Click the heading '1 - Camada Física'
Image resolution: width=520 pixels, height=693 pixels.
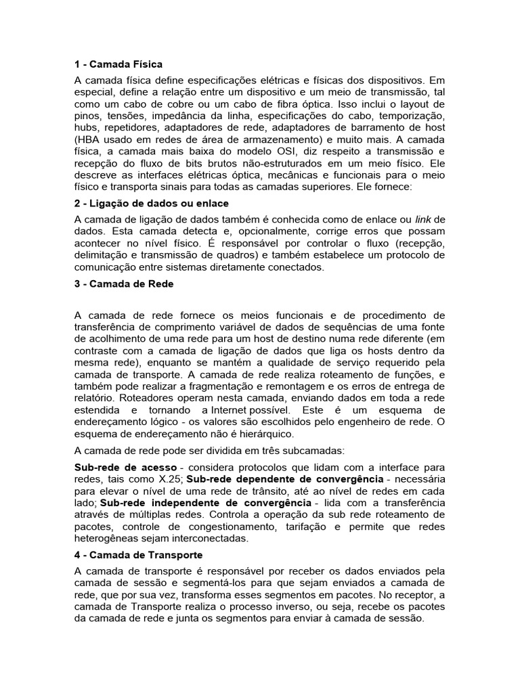118,64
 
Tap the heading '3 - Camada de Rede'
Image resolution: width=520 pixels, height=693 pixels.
124,284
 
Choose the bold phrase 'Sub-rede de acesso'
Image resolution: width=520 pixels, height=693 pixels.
125,468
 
